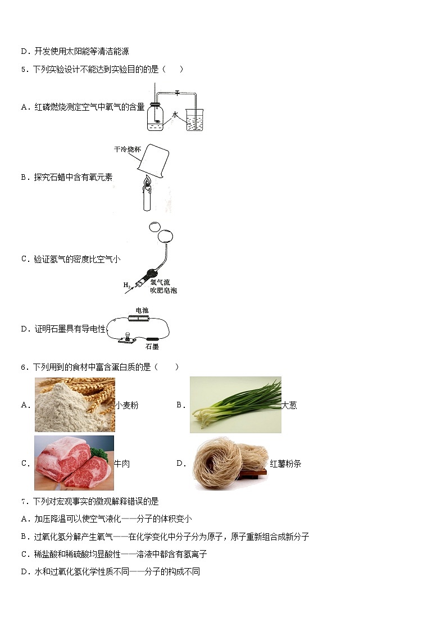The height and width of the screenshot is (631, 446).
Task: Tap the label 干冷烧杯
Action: tap(125, 150)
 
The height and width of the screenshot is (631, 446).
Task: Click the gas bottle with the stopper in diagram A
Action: tap(155, 118)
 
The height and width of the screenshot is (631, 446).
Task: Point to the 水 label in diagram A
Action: tap(175, 115)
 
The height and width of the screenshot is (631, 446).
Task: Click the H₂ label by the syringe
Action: tap(127, 285)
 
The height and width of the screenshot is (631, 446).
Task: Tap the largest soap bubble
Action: tap(165, 236)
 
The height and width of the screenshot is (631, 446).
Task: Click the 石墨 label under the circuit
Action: tap(151, 347)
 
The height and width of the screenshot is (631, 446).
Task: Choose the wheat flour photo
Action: tap(75, 405)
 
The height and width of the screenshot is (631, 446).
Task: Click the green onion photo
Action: tap(235, 405)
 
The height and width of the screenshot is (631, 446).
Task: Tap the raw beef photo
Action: tap(74, 463)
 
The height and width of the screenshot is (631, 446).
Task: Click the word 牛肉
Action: tap(122, 464)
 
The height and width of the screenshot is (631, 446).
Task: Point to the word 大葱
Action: tap(289, 405)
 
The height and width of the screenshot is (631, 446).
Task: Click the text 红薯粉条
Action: tap(285, 464)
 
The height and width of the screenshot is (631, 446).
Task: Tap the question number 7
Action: tap(23, 501)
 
